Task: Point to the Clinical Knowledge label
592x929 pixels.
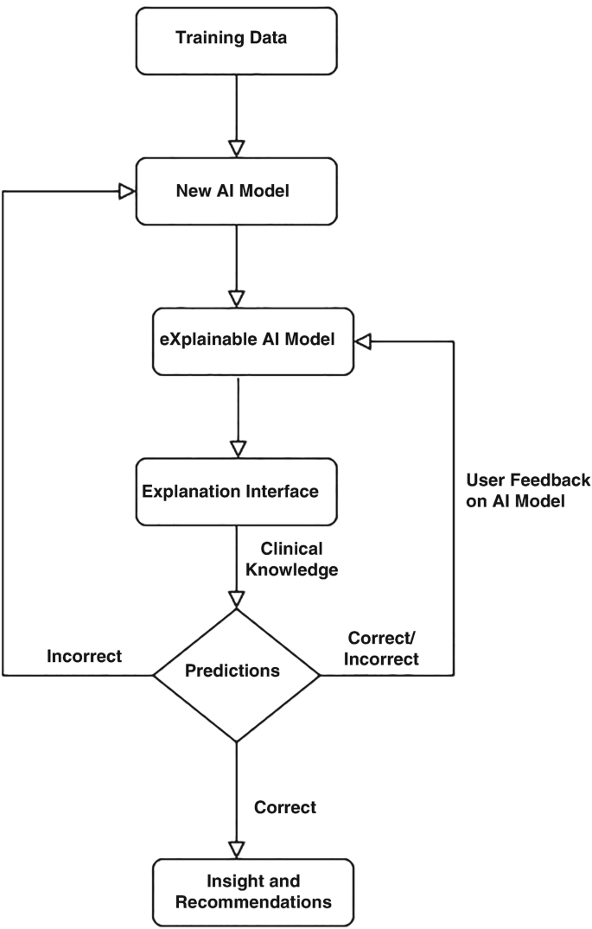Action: (290, 559)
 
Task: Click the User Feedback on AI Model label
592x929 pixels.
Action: (527, 490)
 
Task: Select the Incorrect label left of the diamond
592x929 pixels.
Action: (84, 657)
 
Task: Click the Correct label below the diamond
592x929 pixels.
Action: (285, 808)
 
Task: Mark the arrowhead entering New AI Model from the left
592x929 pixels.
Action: (127, 192)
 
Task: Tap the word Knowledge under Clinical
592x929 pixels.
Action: (299, 569)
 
